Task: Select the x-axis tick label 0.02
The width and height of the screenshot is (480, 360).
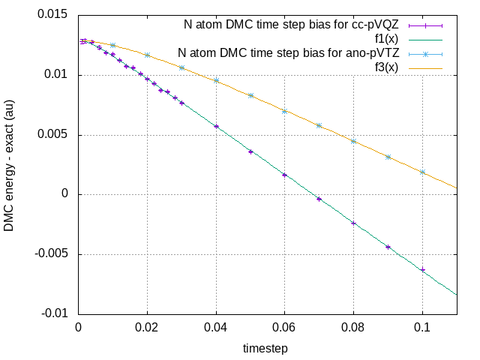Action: [147, 328]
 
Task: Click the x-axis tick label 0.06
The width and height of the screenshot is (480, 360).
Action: [285, 328]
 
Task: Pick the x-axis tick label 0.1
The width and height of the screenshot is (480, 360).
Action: [423, 328]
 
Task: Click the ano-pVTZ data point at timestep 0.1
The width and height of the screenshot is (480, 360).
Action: [423, 172]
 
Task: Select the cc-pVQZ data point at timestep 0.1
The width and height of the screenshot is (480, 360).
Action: [423, 270]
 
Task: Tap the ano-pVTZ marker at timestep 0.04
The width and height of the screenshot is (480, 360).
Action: [216, 80]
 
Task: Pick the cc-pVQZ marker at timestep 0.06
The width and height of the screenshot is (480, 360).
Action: [285, 175]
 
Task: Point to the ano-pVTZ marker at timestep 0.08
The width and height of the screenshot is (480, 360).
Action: [354, 141]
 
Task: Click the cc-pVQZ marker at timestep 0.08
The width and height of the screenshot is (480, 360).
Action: [354, 223]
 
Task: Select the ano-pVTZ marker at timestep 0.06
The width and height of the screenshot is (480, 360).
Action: [285, 111]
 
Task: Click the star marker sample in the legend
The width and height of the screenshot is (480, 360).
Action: [432, 53]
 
